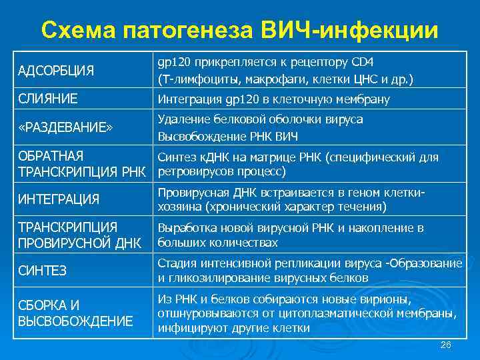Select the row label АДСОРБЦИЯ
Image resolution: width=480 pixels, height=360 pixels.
coord(56,71)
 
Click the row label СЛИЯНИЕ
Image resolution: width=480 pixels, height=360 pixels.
coord(47,99)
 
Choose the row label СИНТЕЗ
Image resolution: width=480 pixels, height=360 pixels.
coord(42,271)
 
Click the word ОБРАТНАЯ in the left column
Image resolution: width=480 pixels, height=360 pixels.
coord(51,156)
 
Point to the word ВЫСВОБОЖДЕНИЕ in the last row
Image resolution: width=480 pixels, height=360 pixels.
coord(75,321)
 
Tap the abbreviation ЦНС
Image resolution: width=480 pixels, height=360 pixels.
coord(363,79)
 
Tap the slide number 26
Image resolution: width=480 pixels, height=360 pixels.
coord(447,345)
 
